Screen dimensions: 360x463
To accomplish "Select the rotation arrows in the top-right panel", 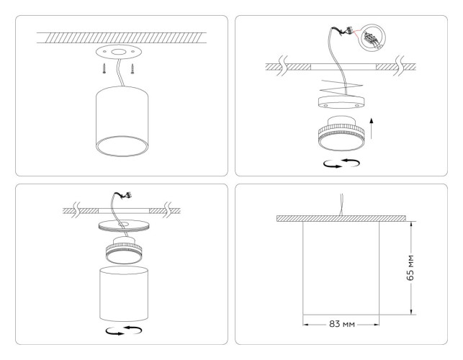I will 342,163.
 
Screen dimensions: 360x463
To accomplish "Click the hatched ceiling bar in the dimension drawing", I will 341,217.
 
